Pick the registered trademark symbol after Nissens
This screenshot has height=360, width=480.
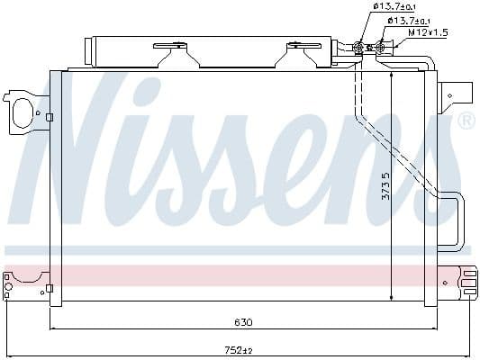pyautogui.click(x=466, y=121)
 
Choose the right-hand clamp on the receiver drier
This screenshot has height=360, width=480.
pyautogui.click(x=298, y=53)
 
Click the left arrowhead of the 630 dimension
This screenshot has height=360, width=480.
pyautogui.click(x=52, y=328)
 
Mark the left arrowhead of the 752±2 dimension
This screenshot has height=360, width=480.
pyautogui.click(x=6, y=354)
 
